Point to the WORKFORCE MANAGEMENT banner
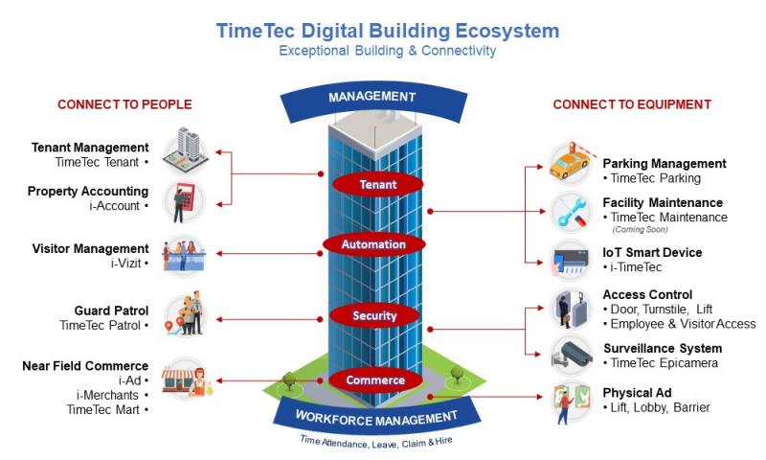(374, 418)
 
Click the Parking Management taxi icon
(569, 164)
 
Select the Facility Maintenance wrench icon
(569, 211)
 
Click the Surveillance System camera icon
(569, 356)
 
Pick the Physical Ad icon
(569, 402)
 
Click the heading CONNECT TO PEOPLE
(124, 104)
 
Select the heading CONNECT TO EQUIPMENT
(632, 104)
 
